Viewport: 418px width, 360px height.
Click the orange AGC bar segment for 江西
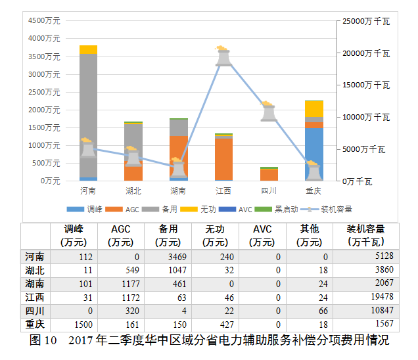point(223,158)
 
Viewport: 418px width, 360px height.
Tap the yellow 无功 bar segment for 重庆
point(314,108)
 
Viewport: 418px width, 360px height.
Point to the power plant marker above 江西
point(223,56)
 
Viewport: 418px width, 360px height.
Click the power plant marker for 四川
point(268,112)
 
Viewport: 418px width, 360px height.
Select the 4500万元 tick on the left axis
point(44,21)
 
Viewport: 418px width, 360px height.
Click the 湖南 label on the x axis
point(177,191)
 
